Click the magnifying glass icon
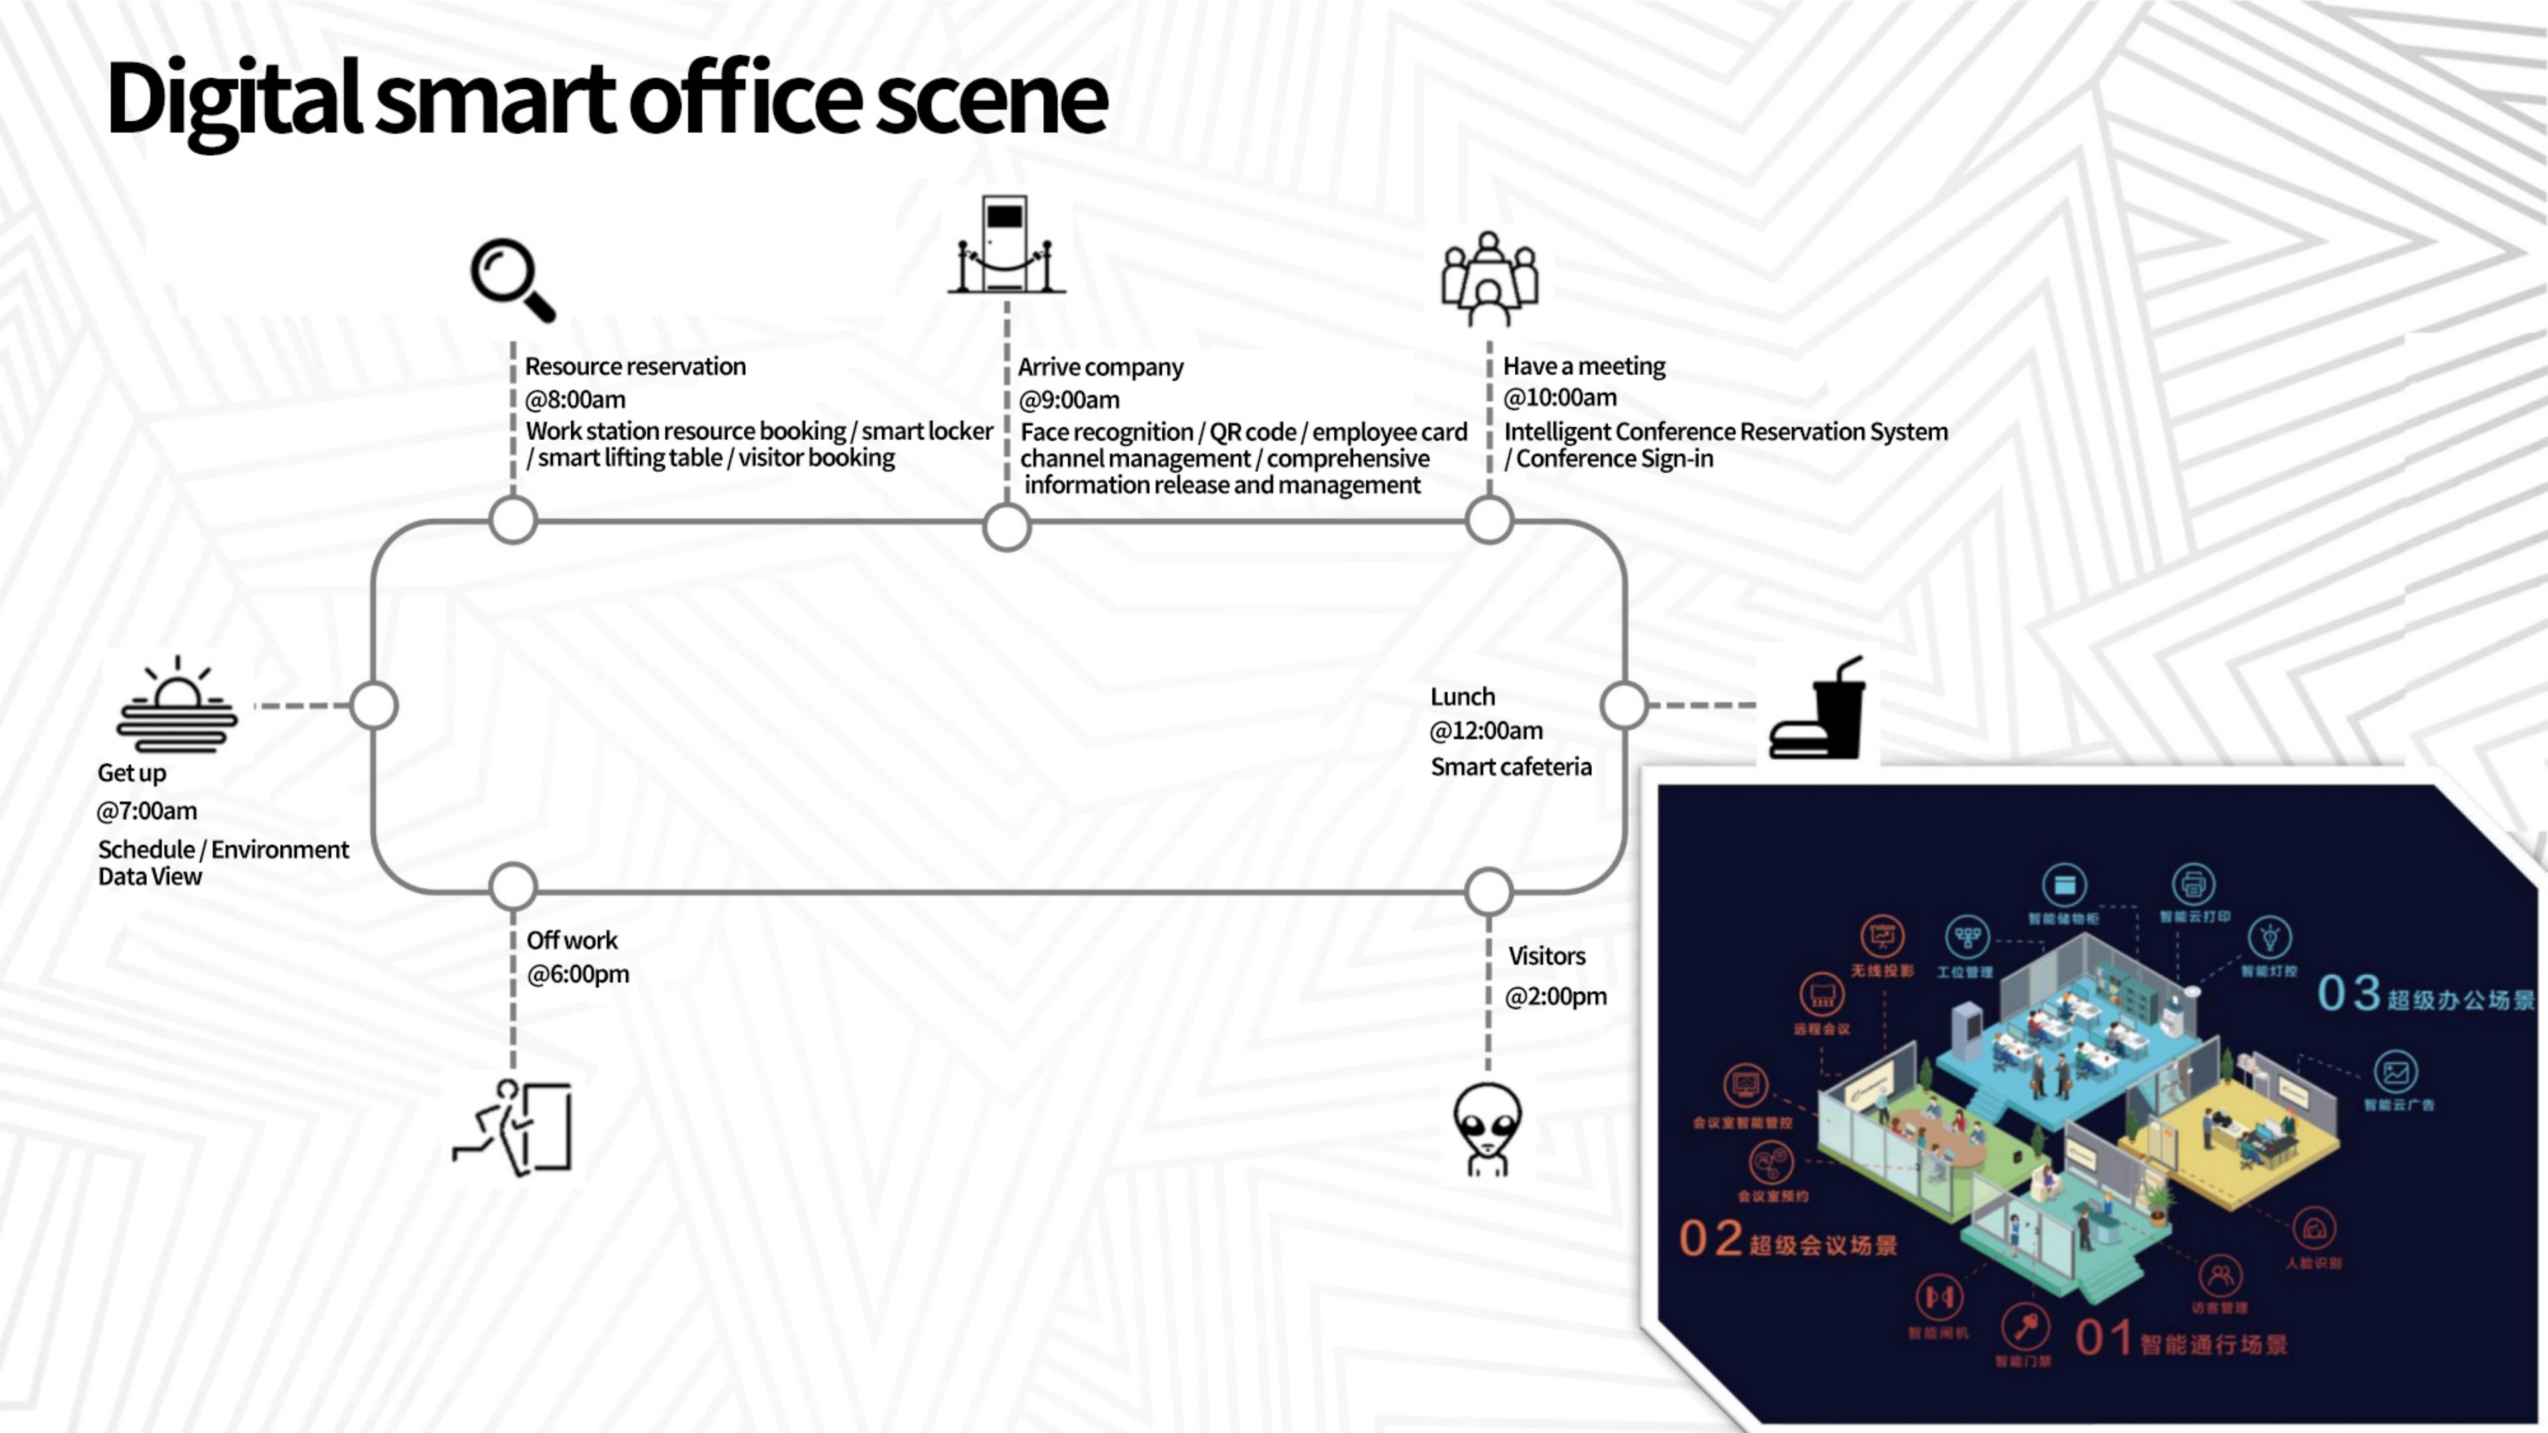click(x=512, y=280)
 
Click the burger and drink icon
click(x=1817, y=709)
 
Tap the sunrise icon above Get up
click(x=177, y=704)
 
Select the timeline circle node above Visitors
click(x=1488, y=891)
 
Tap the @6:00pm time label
click(x=578, y=974)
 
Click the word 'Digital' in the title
click(x=234, y=99)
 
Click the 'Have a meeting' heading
click(x=1584, y=366)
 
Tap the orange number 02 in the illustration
click(x=1710, y=1238)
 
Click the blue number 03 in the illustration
click(x=2348, y=993)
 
